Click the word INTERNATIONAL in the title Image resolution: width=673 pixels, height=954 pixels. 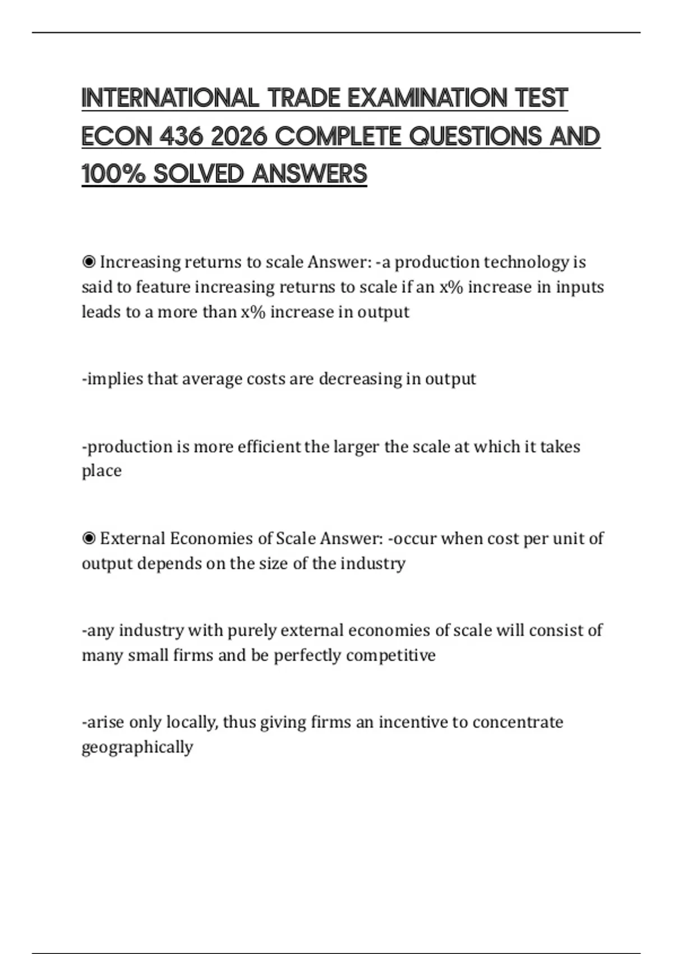(170, 98)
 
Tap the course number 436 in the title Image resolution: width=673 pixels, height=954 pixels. (181, 136)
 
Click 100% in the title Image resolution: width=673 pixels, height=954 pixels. (113, 174)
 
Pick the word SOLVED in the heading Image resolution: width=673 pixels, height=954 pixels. (199, 174)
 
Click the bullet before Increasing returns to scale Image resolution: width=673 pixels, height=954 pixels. (89, 262)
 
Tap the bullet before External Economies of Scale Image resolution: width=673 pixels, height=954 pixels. (89, 539)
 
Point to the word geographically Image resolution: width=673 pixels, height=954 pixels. (137, 747)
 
